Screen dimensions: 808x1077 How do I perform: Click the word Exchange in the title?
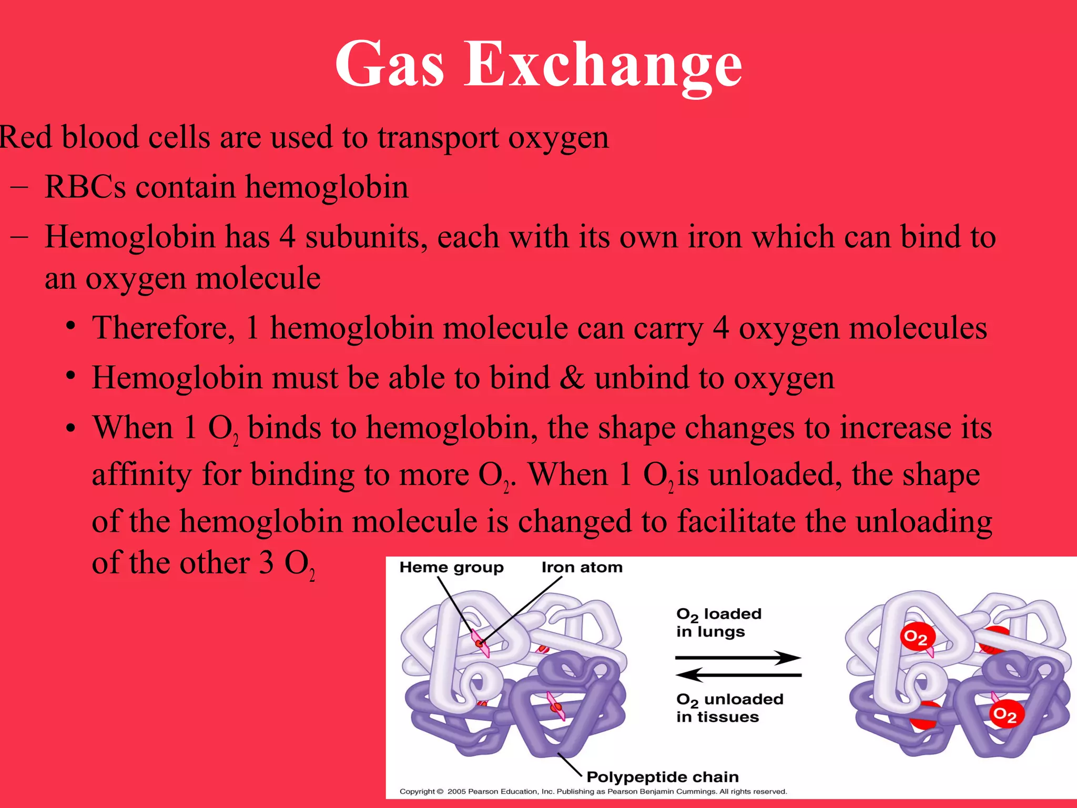coord(603,65)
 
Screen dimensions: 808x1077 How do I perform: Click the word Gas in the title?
coord(390,65)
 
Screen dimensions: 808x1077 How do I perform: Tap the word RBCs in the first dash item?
coord(86,187)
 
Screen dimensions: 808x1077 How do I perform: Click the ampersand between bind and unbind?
coord(572,378)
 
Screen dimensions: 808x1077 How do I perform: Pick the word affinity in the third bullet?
coord(141,474)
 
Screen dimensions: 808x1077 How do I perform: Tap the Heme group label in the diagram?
coord(451,567)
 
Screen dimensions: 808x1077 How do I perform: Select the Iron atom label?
coord(582,567)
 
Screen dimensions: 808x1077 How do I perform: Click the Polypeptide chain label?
coord(662,777)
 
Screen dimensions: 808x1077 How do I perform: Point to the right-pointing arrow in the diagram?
coord(738,658)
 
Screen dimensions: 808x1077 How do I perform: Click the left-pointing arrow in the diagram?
coord(738,675)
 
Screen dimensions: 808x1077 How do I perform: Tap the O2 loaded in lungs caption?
coord(718,622)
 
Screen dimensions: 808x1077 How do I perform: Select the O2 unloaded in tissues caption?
coord(729,708)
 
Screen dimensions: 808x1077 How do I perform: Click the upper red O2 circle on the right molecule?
coord(916,638)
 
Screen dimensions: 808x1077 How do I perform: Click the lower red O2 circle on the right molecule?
coord(1004,714)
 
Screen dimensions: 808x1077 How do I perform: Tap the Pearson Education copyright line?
coord(593,792)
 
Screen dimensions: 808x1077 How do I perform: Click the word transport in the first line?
coord(438,138)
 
